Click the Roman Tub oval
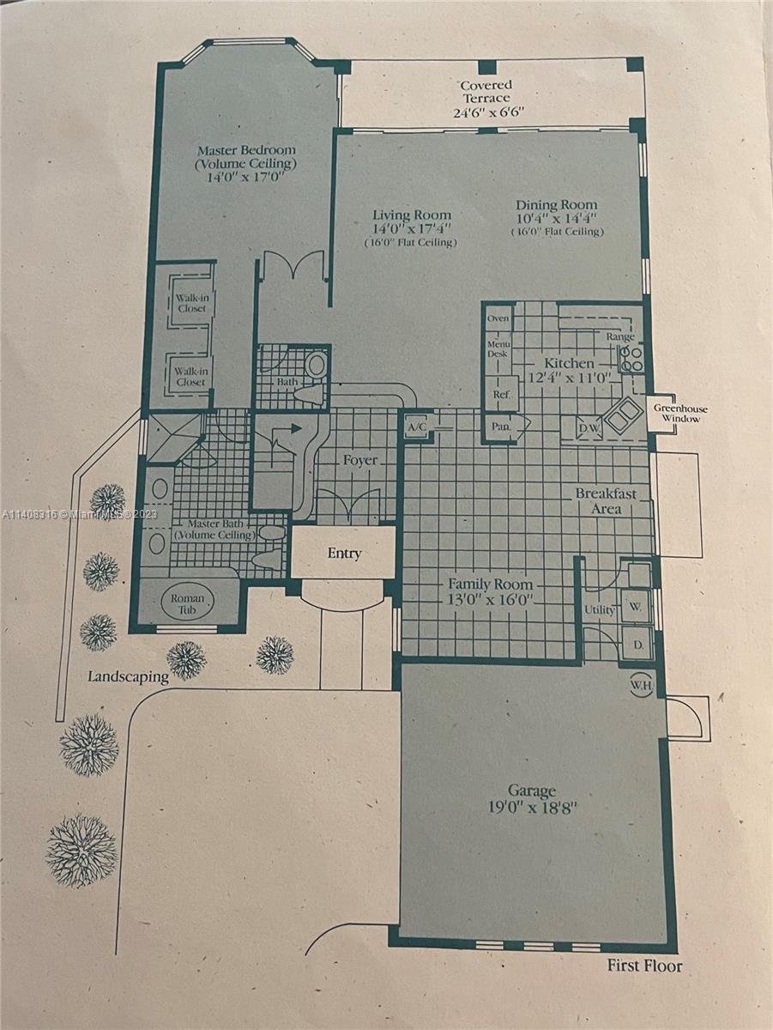187,604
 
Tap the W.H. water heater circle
641,685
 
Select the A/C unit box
415,427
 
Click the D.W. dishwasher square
589,427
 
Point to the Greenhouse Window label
680,414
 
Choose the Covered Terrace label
486,92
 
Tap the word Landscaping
128,677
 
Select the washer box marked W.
636,607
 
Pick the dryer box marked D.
637,645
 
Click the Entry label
344,554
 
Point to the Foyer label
360,460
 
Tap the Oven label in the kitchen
498,318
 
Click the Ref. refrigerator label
501,394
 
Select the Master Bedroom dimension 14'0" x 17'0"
246,178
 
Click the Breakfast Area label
606,500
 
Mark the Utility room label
600,610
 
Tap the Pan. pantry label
500,427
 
